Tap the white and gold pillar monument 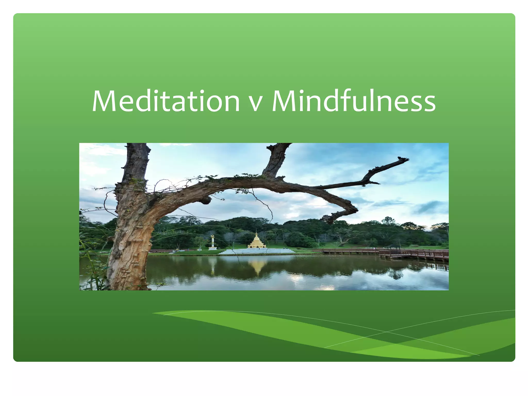click(212, 243)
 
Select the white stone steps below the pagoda click(257, 251)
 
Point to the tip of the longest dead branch click(407, 159)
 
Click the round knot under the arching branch click(206, 200)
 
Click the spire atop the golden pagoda click(257, 233)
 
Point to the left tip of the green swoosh click(154, 313)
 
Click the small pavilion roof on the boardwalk click(395, 246)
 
